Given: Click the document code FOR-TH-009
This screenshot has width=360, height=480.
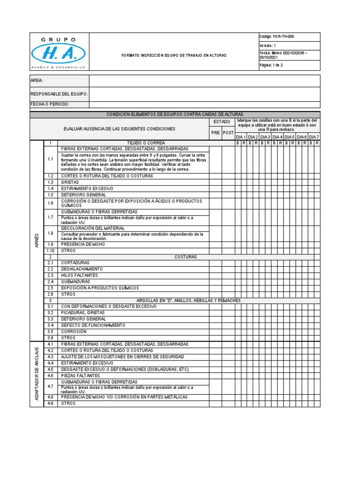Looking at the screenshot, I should pos(277,37).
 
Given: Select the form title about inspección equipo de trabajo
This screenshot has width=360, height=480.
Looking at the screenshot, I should pos(173,55).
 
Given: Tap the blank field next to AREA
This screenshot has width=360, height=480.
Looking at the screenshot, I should pos(204,81).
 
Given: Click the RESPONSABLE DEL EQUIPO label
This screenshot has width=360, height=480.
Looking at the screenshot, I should pos(59,94).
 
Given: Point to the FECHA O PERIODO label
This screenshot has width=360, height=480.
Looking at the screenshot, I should pos(51,105).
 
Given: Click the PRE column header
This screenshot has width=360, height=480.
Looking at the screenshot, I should pos(215,133).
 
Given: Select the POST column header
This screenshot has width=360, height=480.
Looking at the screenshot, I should pos(228,133).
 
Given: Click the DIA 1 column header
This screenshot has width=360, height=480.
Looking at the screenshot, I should pos(240,136).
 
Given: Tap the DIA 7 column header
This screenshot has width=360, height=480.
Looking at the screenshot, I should pos(314,136).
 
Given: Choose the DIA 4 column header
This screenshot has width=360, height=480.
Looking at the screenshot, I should pos(277,136).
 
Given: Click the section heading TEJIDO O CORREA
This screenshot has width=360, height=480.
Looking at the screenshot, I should pos(146,142).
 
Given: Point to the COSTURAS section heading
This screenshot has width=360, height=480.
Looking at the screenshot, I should pos(186,257).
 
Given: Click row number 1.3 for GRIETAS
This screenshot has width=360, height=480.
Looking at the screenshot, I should pos(50,182).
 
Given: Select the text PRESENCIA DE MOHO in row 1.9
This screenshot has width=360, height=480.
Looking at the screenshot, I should pos(82,244).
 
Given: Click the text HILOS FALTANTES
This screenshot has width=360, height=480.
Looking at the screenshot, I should pos(79,275).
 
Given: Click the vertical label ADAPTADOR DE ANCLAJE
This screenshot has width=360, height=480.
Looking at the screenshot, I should pos(37,374).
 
